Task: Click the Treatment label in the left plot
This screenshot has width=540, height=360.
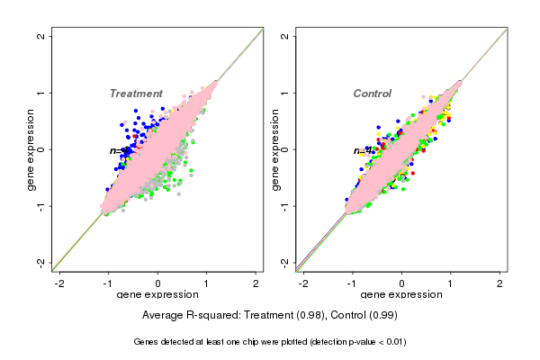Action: point(136,94)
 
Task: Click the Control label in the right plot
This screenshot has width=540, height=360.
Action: point(372,94)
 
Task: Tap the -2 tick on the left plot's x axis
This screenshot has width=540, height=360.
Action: point(60,283)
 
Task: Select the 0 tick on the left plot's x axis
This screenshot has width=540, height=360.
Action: point(158,283)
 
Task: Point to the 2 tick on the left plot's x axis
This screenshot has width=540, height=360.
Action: point(256,283)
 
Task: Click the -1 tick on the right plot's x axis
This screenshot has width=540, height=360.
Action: point(353,283)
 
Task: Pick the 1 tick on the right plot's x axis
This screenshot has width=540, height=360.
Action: point(451,283)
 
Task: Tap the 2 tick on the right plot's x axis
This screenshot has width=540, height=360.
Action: point(499,283)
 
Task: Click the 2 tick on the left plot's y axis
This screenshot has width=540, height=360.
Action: point(41,36)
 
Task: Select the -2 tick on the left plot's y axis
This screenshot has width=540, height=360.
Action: point(41,262)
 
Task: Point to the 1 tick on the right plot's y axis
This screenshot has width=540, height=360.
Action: point(285,93)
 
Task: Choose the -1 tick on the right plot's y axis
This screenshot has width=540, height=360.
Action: point(285,205)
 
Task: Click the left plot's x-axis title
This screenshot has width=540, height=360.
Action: point(157,295)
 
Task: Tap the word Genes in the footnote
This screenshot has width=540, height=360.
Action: point(147,342)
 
